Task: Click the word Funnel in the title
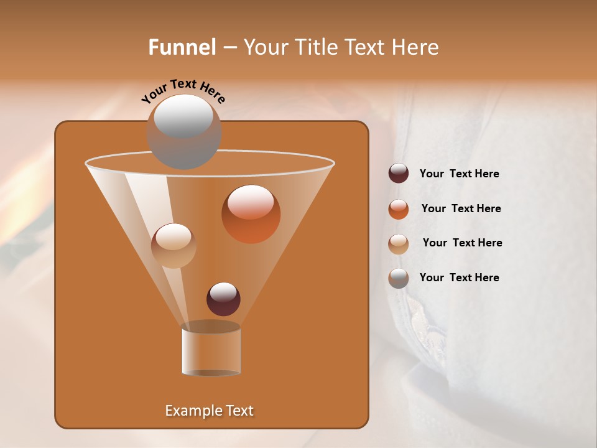182,47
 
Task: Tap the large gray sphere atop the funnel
183,131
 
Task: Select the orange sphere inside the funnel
251,214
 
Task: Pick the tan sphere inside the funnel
174,246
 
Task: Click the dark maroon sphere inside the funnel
223,299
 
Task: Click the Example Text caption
209,411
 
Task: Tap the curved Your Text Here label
183,90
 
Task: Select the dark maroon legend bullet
399,174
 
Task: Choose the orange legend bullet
399,209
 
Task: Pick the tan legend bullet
399,243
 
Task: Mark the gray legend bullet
399,278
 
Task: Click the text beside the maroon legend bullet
459,174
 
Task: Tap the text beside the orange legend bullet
461,209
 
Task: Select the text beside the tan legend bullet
462,243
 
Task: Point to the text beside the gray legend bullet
459,278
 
